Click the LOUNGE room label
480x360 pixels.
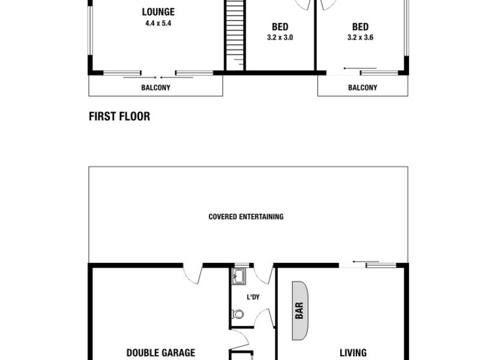tap(158, 12)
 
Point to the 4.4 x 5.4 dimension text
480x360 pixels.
tap(158, 23)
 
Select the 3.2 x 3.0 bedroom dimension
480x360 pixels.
tap(280, 37)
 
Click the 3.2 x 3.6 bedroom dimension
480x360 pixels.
tap(360, 37)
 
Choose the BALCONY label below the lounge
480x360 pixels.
tap(155, 88)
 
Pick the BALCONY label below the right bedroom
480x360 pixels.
tap(362, 88)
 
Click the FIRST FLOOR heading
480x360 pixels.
tap(119, 116)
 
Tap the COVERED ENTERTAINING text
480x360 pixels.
tap(246, 217)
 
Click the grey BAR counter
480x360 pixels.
tap(299, 310)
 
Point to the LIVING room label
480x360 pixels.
tap(353, 353)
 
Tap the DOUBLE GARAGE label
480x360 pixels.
tap(161, 353)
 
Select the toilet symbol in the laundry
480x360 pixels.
tap(238, 314)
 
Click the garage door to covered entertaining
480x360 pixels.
tap(193, 274)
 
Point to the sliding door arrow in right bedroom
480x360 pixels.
tap(360, 68)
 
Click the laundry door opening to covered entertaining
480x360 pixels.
tap(263, 274)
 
